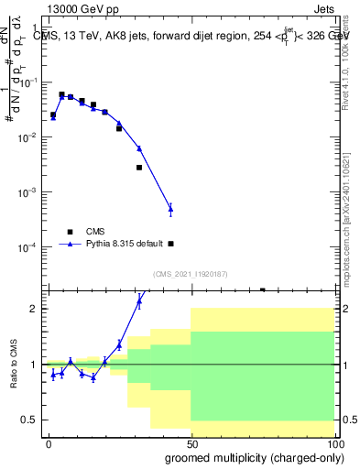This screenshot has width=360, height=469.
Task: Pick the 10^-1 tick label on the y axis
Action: coord(31,82)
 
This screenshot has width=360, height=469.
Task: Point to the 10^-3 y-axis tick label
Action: coord(31,192)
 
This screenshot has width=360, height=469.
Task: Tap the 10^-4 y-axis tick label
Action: coord(31,247)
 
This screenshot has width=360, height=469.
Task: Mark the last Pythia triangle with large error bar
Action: coord(170,210)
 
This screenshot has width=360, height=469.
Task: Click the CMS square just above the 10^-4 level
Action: coord(171,244)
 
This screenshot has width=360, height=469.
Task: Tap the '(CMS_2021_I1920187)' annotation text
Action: coord(189,274)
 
